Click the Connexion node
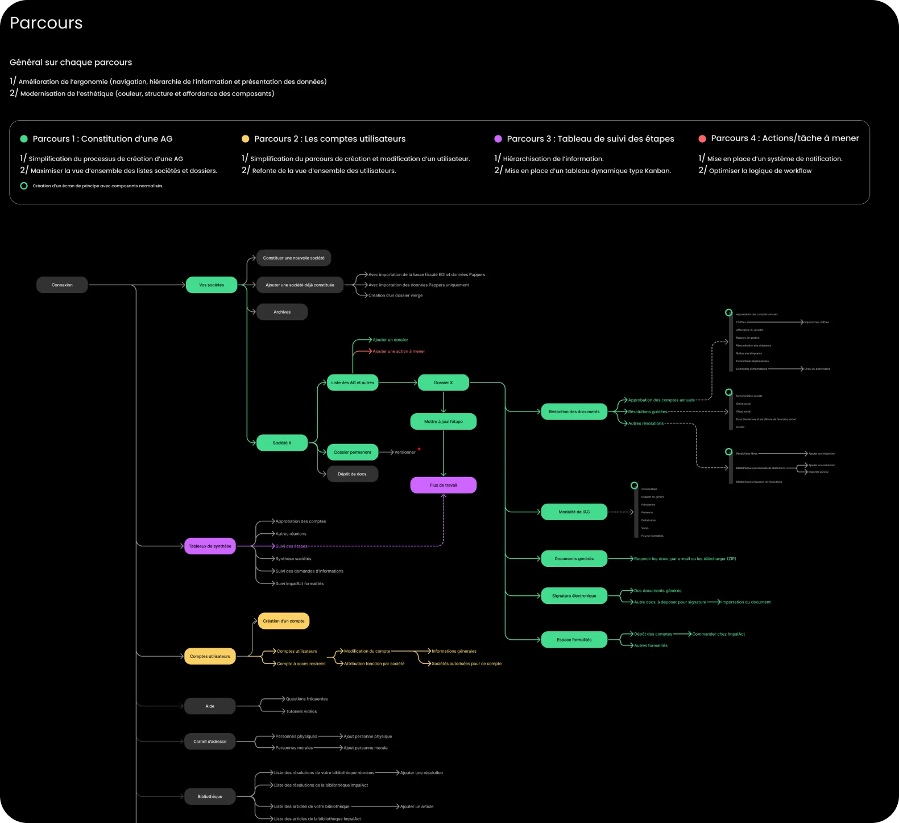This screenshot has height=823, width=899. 62,285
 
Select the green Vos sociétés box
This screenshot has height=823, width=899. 212,285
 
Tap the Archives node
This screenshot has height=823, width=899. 282,312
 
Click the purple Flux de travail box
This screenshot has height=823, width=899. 444,485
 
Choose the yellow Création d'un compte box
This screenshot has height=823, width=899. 284,621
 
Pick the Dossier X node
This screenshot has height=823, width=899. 444,382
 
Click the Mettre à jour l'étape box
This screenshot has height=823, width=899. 444,422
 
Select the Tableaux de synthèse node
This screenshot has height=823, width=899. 210,546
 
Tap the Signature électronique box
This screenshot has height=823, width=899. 574,596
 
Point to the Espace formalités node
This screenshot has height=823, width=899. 574,640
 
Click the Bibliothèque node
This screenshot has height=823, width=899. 210,796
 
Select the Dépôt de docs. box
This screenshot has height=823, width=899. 353,474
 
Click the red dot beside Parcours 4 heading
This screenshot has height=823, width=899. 702,139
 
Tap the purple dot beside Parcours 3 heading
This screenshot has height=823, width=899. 498,139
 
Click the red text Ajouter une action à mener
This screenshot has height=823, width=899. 399,351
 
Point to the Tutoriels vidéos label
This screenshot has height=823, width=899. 301,711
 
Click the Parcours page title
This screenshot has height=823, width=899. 46,23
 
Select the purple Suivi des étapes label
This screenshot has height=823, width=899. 291,546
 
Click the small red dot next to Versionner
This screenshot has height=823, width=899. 419,449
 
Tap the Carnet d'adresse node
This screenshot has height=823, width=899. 210,742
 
